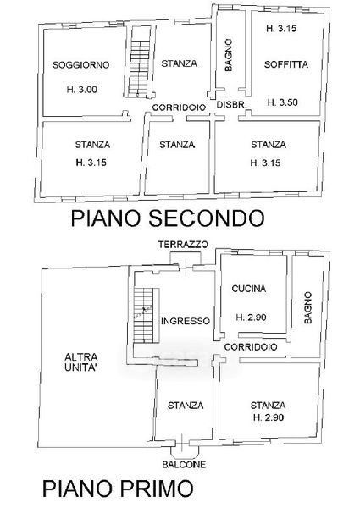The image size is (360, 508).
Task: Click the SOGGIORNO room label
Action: click(81, 65)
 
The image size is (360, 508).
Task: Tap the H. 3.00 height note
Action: click(81, 90)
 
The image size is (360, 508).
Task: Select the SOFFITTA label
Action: click(285, 64)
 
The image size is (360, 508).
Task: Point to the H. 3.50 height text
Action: click(283, 102)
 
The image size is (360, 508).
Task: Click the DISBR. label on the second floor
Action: click(232, 105)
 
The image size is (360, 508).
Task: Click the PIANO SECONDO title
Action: click(167, 218)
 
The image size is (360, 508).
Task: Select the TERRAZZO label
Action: click(183, 245)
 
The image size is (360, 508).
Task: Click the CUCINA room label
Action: click(249, 289)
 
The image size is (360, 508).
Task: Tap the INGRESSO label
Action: click(186, 321)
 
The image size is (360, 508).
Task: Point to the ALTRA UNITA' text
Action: click(81, 362)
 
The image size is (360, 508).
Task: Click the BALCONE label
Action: click(184, 465)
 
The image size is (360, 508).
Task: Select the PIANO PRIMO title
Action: click(118, 489)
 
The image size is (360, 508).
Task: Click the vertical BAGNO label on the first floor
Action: click(307, 307)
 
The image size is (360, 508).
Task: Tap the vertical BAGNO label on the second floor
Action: click(228, 55)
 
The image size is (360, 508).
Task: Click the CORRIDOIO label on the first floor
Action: click(251, 347)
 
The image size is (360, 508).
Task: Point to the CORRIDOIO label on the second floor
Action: click(179, 108)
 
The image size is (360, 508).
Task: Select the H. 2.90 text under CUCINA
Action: click(251, 317)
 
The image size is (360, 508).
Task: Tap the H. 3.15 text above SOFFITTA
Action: click(281, 29)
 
